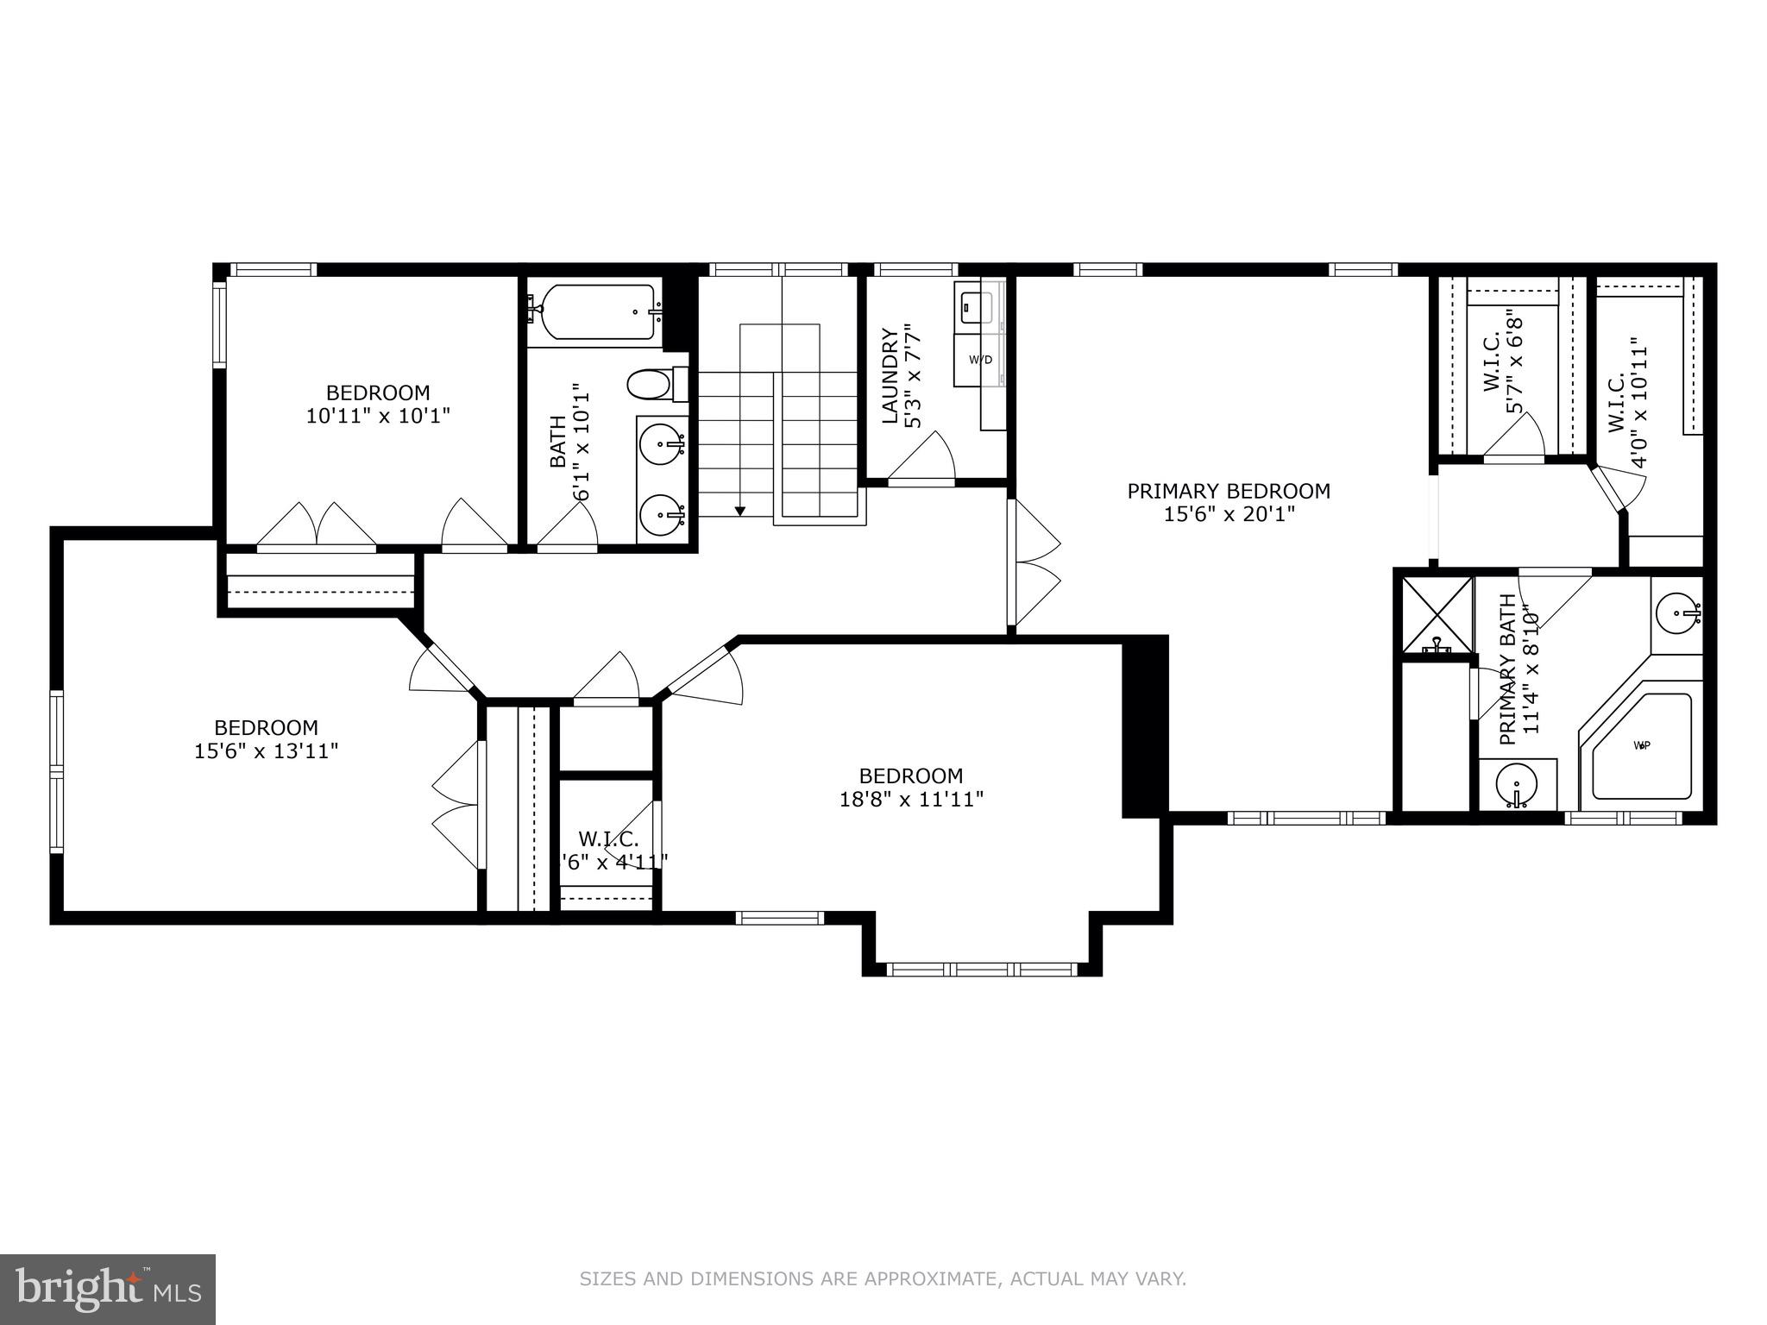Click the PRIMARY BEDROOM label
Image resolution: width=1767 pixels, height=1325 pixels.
[1229, 491]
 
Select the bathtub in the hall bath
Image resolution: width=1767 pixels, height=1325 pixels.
[594, 312]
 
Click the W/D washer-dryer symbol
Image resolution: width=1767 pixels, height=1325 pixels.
[980, 360]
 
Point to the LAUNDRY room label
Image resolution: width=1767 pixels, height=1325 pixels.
[890, 377]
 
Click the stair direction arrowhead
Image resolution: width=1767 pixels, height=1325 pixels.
[739, 512]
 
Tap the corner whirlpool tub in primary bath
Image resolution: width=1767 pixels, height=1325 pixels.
[1639, 746]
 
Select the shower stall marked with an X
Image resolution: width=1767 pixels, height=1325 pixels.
[1437, 614]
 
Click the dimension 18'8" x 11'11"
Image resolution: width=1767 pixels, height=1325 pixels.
[911, 800]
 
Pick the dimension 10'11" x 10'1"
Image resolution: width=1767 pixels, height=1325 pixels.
[378, 416]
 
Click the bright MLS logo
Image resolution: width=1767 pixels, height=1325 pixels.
[107, 1289]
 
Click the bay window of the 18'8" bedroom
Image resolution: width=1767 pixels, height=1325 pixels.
[982, 969]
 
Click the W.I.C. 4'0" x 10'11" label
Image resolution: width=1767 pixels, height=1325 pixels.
[1627, 407]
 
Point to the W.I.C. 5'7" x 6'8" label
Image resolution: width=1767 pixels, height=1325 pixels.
[1502, 375]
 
